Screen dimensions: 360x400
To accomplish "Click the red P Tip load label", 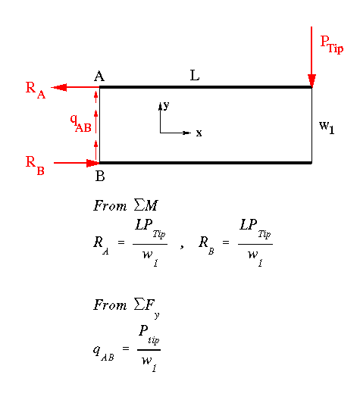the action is pos(332,45).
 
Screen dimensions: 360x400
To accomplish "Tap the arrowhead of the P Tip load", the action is pos(311,80).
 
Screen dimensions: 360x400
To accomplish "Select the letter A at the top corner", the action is pos(99,76).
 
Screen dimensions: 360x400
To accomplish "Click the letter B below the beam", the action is pos(100,176).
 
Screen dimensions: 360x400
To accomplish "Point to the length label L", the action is pos(195,75).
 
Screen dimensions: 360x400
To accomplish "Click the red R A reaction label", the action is pos(36,90).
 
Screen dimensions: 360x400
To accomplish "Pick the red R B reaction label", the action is pos(35,165).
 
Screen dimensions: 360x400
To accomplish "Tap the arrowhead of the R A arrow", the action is pos(58,88).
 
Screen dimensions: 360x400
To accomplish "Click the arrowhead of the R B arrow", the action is pos(93,163).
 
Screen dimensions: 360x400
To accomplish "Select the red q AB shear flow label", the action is pos(80,123).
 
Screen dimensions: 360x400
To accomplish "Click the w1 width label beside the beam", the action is pos(327,127).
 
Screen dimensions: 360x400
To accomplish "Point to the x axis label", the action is pos(199,133).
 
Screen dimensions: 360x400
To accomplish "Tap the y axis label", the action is pos(166,105).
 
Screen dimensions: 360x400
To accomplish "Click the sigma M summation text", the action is pos(146,205).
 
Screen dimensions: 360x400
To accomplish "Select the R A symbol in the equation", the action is pos(101,245).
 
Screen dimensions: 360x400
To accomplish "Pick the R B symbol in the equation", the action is pos(206,245).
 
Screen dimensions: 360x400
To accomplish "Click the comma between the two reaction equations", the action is pos(182,246).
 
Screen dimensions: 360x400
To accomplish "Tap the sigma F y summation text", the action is pos(147,308).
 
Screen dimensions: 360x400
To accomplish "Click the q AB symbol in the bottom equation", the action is pos(103,353).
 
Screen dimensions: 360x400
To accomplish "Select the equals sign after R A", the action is pos(121,242).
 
